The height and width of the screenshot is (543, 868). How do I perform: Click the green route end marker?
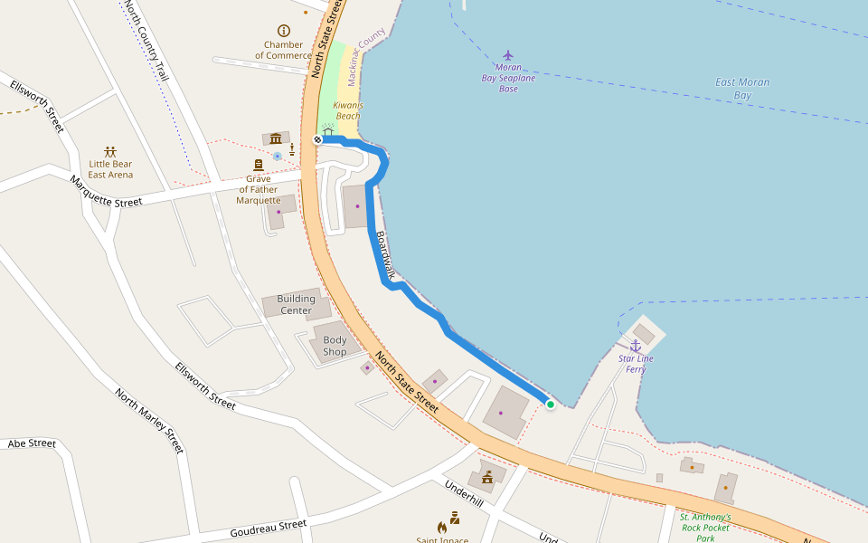coord(550,405)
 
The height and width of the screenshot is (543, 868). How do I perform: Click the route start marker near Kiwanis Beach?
coord(317,139)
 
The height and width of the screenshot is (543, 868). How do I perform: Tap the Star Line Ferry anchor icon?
coord(635,346)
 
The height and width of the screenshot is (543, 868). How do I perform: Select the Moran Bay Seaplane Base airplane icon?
coord(508,56)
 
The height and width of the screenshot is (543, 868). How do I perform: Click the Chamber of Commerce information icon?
coord(284,31)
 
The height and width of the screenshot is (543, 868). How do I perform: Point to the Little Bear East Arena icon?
coord(110,151)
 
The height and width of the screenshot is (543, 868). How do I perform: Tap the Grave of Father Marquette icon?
coord(259,165)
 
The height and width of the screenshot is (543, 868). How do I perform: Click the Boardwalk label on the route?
coord(386,254)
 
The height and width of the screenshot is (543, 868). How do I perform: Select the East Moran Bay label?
coord(742,88)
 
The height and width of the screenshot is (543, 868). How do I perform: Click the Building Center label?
coord(296,304)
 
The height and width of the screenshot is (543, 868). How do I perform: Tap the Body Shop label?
coord(335,346)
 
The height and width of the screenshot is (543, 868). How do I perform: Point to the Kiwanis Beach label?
coord(348,110)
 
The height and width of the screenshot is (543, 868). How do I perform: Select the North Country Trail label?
coord(146,41)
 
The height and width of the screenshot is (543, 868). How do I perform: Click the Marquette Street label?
coord(106,191)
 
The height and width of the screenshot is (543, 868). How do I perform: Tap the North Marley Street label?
coord(149,421)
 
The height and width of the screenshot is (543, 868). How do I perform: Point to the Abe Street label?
coord(32,443)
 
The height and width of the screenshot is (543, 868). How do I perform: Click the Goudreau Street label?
coord(268,526)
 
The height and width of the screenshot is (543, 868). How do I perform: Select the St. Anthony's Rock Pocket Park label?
coord(705,528)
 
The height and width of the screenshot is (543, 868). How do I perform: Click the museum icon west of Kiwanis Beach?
coord(275,138)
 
